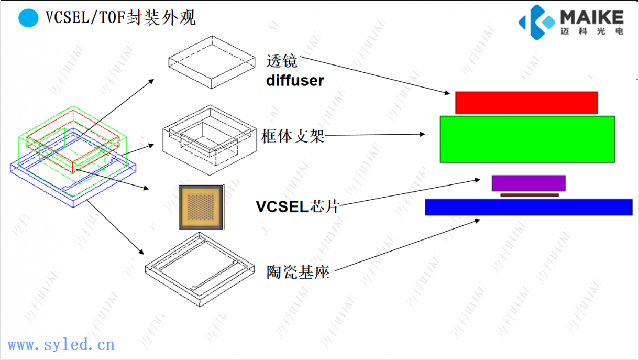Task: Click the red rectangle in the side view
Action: click(526, 103)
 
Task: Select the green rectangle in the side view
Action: click(527, 139)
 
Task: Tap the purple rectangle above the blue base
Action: click(528, 183)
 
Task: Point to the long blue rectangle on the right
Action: click(528, 207)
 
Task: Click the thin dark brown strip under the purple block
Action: click(529, 195)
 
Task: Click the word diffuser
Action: click(295, 81)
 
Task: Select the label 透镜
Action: click(282, 61)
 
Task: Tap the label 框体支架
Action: click(293, 137)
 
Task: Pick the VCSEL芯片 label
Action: click(298, 206)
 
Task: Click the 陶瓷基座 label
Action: click(298, 272)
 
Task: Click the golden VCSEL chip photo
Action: click(201, 207)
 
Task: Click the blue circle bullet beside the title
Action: click(28, 18)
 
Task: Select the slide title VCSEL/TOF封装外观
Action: click(120, 18)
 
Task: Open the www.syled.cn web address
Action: click(61, 344)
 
